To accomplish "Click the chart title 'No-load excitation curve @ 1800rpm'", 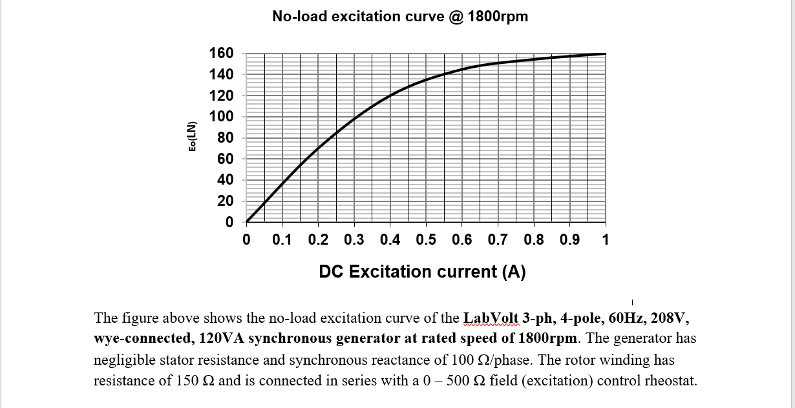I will pyautogui.click(x=400, y=17).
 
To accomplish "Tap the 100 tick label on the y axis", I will pyautogui.click(x=222, y=117).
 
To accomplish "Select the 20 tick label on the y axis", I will pyautogui.click(x=226, y=201).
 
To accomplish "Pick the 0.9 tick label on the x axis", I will pyautogui.click(x=569, y=240).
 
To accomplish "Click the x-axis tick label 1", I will pyautogui.click(x=605, y=240).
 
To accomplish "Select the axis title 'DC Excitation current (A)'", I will pyautogui.click(x=422, y=272).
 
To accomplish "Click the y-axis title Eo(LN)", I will pyautogui.click(x=192, y=137).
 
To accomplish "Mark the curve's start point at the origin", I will pyautogui.click(x=247, y=222).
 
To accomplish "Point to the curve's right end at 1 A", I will pyautogui.click(x=605, y=54).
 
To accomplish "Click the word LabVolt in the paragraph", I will pyautogui.click(x=492, y=318).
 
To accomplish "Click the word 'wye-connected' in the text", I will pyautogui.click(x=134, y=339).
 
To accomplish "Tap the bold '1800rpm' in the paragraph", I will pyautogui.click(x=546, y=339).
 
